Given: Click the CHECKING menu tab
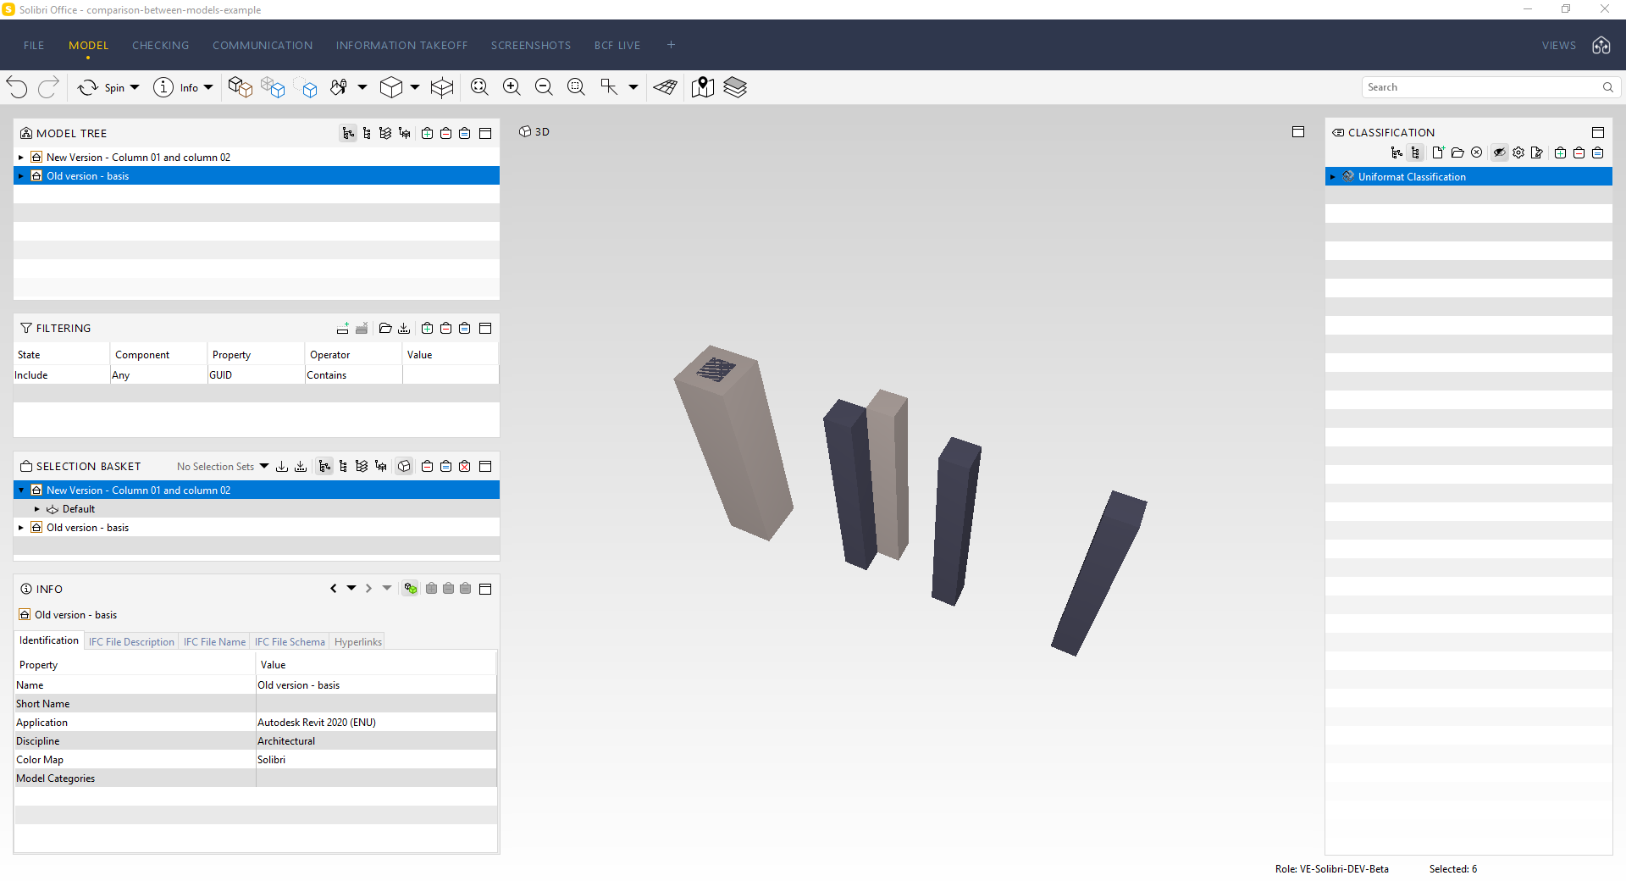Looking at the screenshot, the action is tap(160, 46).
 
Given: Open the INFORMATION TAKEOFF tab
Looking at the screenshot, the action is tap(401, 46).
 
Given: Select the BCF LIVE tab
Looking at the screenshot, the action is tap(617, 46).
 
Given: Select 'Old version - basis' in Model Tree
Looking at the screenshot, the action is tap(87, 176).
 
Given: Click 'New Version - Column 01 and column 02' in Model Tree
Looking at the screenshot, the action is tap(138, 158).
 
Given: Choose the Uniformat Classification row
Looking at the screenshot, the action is tap(1412, 177).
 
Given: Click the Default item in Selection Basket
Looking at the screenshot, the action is tap(78, 509).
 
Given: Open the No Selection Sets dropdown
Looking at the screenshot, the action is tap(223, 467).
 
